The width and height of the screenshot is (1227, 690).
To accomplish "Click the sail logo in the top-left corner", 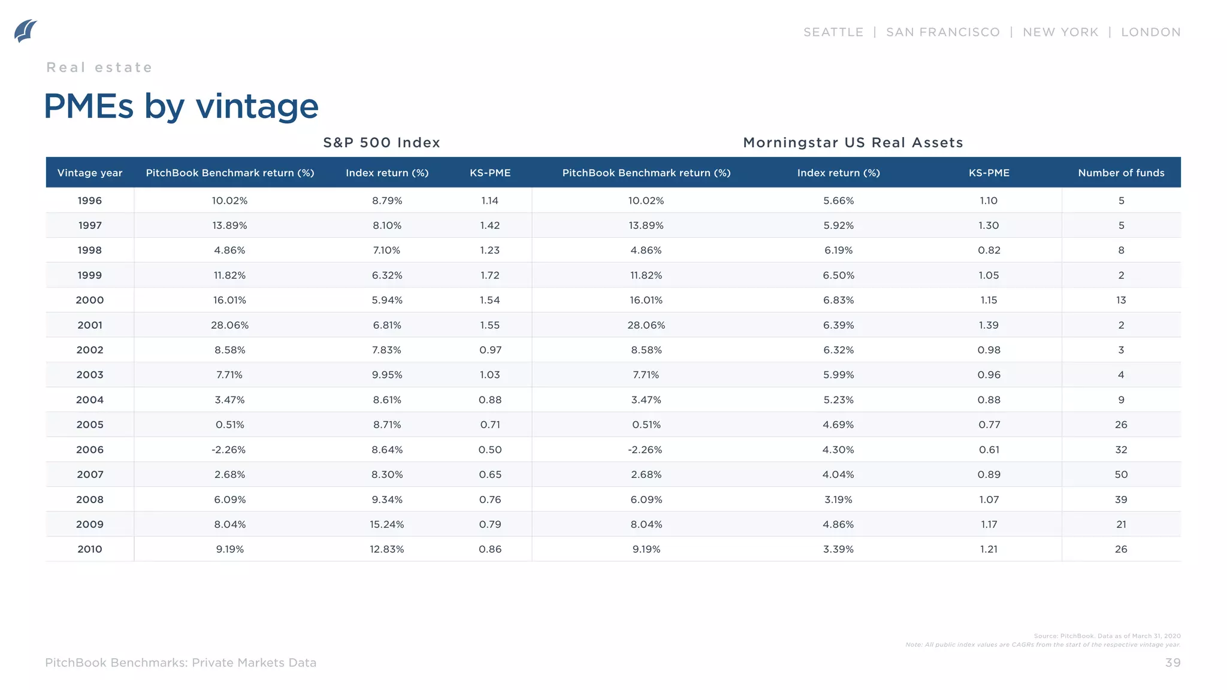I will (26, 31).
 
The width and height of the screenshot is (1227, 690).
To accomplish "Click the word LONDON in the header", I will (1150, 32).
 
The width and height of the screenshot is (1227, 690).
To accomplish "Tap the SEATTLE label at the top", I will (833, 32).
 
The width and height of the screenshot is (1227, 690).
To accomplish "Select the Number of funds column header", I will (1121, 172).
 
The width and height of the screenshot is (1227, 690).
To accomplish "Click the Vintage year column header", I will (90, 172).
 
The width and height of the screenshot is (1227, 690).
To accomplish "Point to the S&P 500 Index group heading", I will (382, 143).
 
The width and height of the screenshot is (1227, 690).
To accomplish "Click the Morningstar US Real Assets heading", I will (853, 143).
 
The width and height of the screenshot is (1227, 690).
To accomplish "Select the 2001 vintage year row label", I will (90, 325).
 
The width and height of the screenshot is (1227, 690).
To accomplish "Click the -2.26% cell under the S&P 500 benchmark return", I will (229, 450).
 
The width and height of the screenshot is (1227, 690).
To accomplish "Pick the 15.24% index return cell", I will (386, 524).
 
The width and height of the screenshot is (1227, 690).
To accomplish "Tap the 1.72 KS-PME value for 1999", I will (489, 276).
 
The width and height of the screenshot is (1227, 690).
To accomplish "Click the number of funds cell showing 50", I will (1121, 474).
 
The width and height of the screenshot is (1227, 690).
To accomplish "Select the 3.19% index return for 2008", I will (838, 500).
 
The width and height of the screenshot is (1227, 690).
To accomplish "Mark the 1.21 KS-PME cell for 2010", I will (989, 549).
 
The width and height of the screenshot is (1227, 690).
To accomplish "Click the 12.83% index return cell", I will (386, 549).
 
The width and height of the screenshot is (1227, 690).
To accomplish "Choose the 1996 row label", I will (90, 201).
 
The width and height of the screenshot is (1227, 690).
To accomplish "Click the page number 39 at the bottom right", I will (1172, 662).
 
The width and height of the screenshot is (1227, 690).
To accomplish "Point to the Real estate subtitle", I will (99, 67).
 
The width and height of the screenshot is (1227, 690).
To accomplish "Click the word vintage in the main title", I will (257, 107).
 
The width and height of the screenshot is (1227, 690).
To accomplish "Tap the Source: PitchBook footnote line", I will (1107, 636).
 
